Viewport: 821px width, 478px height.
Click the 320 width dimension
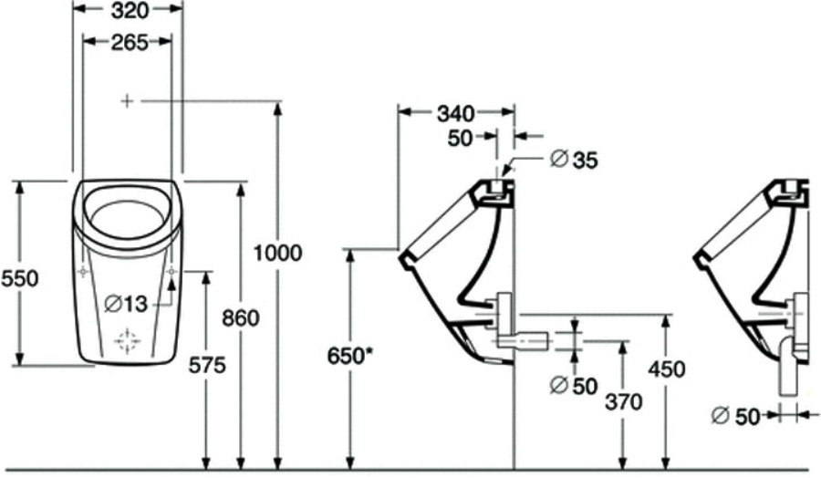[130, 10]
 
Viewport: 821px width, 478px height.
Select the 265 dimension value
[130, 43]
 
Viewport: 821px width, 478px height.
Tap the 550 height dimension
[19, 278]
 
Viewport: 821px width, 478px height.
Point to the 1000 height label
[278, 254]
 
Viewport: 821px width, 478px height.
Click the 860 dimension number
[241, 317]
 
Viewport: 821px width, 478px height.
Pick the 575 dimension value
[207, 365]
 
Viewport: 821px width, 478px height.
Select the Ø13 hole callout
[126, 303]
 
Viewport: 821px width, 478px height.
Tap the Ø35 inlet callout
[575, 159]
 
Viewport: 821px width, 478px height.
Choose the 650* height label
[349, 357]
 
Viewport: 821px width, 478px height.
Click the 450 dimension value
[667, 369]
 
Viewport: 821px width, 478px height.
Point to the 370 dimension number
[624, 402]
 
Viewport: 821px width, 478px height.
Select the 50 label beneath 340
[461, 139]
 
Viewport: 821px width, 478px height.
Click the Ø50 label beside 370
[574, 386]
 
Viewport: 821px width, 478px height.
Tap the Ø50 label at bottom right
[735, 416]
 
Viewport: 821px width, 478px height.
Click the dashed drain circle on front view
[128, 341]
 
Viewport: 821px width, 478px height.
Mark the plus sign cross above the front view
[127, 100]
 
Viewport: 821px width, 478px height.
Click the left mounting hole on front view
[83, 271]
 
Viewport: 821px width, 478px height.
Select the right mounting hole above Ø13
[172, 271]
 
